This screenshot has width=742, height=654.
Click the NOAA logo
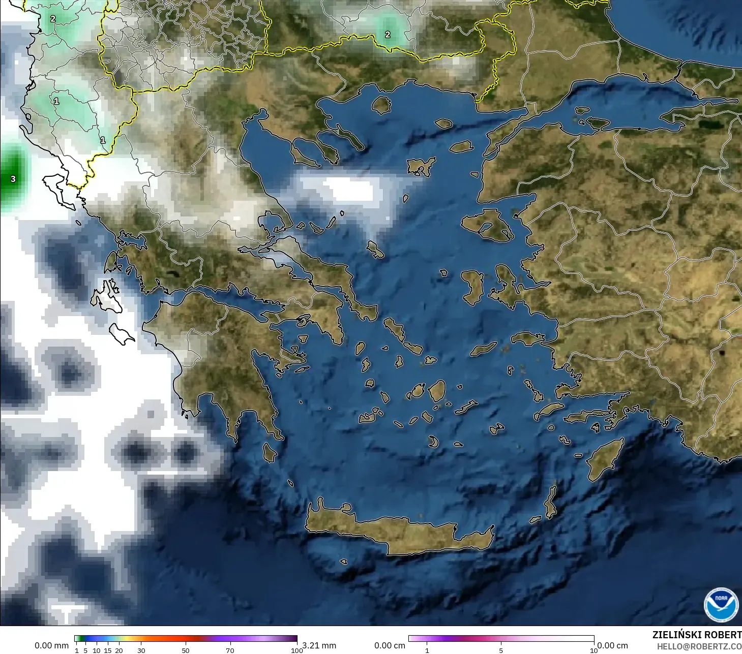(721, 605)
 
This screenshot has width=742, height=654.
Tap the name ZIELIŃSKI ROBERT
(697, 635)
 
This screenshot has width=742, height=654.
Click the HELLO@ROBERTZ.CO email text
(699, 647)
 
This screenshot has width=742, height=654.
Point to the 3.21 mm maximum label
(319, 645)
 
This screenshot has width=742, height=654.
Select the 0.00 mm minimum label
(51, 645)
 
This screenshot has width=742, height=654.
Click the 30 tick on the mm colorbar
(141, 650)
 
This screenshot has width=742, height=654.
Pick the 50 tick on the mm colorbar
(186, 650)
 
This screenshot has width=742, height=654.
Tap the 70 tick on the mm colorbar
(230, 650)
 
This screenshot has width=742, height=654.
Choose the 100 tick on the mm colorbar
(296, 650)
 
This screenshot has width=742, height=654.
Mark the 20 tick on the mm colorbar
(119, 650)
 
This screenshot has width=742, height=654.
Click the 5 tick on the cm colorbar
(501, 650)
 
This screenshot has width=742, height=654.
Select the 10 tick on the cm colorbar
(593, 650)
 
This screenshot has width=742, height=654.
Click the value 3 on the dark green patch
(13, 179)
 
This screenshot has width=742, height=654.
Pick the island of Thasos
(381, 105)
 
